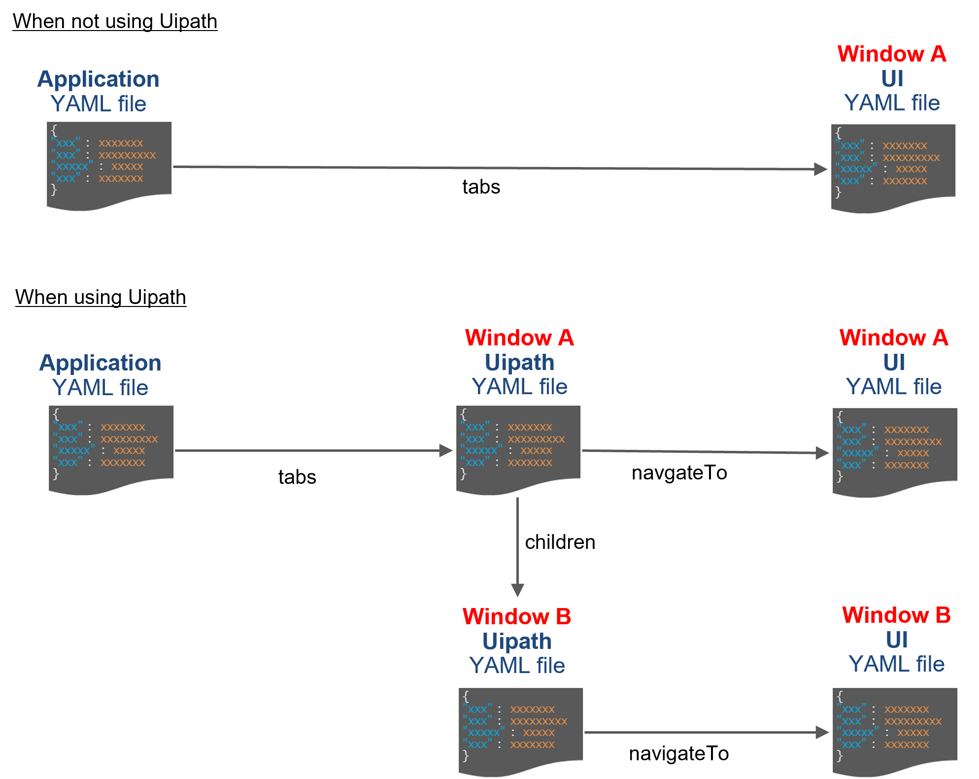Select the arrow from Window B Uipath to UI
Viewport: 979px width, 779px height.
point(705,732)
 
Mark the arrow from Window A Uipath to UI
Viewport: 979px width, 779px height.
point(705,452)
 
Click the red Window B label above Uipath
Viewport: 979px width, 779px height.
point(517,616)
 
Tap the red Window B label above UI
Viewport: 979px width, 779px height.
point(896,615)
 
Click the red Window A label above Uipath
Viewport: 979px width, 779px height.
point(519,338)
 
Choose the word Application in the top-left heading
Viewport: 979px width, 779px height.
point(99,79)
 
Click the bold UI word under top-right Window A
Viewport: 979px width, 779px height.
point(892,78)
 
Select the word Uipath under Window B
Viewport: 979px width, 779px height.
point(517,641)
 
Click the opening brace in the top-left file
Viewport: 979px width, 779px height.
point(54,131)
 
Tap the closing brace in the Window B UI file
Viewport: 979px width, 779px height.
point(840,755)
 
